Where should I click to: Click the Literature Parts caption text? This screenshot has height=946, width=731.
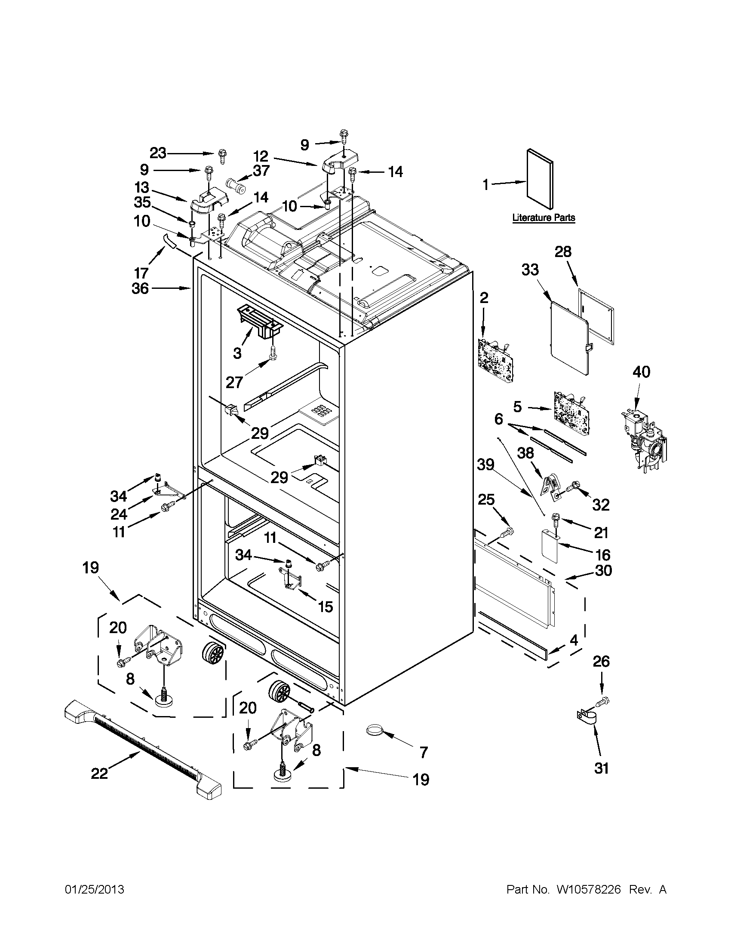click(544, 217)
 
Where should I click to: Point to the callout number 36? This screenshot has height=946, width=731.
click(140, 288)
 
